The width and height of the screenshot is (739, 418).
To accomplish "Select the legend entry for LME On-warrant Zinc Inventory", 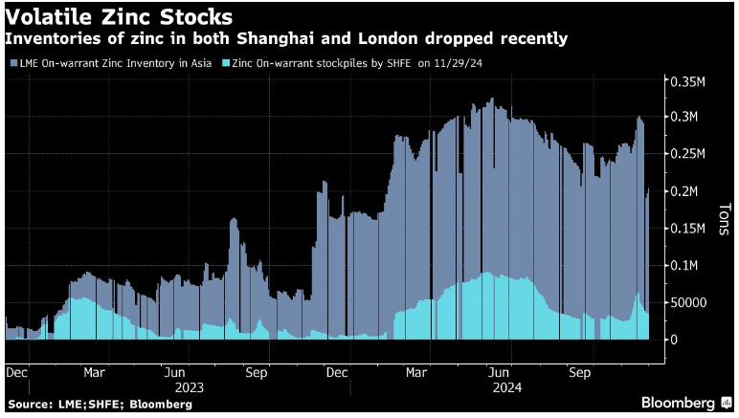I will [x=111, y=63].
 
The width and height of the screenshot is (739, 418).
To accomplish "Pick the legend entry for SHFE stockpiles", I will [x=316, y=63].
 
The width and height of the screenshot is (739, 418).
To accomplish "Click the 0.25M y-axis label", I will [x=686, y=154].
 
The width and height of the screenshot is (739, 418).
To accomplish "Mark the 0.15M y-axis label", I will [x=686, y=229].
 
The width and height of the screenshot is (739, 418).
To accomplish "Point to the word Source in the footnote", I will [x=29, y=405].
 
